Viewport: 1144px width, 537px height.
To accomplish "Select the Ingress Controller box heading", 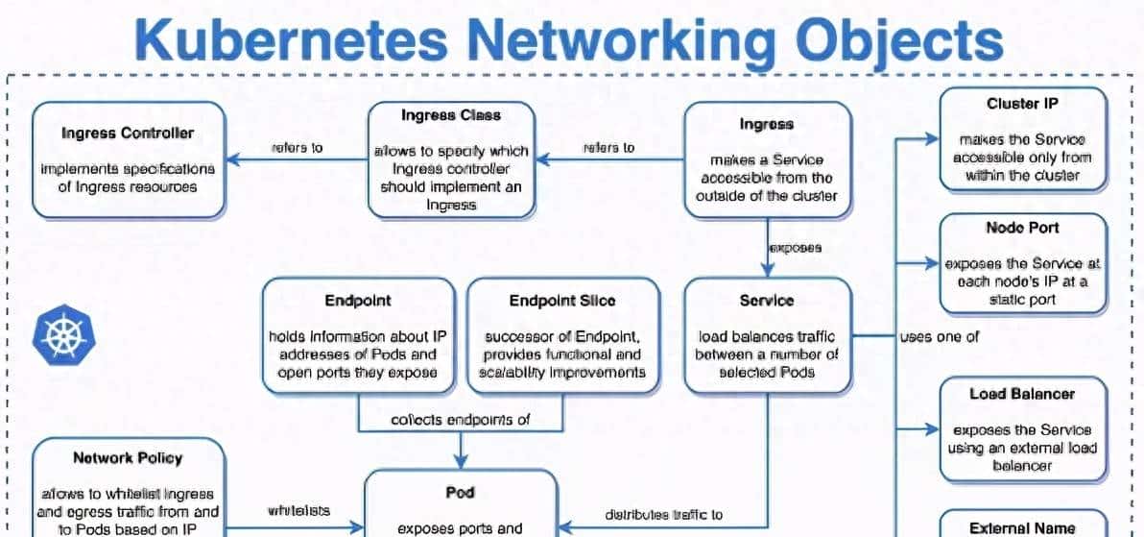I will [x=128, y=133].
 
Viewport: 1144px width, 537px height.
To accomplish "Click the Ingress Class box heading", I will [x=450, y=115].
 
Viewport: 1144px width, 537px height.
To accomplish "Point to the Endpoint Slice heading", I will [x=563, y=301].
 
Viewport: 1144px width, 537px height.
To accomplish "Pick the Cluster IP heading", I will [x=1022, y=104].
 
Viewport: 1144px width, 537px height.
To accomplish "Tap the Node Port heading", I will [x=1022, y=228].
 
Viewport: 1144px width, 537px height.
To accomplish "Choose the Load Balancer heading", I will [x=1022, y=394].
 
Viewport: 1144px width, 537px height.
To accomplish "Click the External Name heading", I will [x=1022, y=527].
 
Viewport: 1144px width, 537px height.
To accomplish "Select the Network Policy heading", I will [x=128, y=458].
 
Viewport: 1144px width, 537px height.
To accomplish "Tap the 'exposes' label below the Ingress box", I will [x=796, y=248].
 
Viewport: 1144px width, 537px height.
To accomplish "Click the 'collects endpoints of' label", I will [x=461, y=420].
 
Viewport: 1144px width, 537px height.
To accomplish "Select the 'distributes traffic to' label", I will [x=664, y=515].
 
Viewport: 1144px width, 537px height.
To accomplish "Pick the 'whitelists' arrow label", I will [x=298, y=511].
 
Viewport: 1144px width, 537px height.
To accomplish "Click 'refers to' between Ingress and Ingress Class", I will [x=608, y=148].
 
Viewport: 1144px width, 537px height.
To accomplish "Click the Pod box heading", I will [x=460, y=493].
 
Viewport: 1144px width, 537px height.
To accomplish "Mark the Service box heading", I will [x=766, y=301].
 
